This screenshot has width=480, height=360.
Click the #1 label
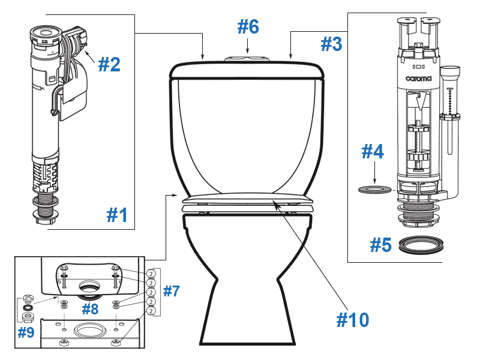tap(117, 214)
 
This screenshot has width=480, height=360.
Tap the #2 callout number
tap(109, 64)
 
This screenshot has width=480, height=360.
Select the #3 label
tap(331, 44)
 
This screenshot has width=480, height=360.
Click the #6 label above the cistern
tap(248, 26)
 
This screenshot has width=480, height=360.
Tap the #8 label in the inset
tap(90, 310)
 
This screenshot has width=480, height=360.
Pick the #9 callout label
tap(25, 332)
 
